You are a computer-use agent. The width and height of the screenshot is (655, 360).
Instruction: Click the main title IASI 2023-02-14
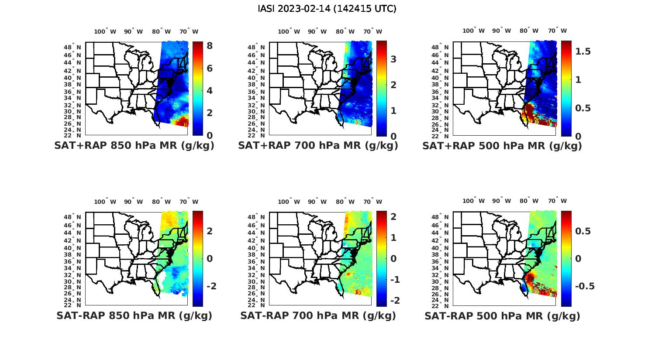(327, 9)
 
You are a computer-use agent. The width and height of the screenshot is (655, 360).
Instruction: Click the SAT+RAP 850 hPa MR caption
(134, 146)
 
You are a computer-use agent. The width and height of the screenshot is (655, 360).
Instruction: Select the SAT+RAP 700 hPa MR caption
(318, 146)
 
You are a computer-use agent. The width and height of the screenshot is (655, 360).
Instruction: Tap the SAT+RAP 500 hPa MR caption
(502, 146)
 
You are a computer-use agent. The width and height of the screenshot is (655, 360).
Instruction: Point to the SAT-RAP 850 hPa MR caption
(134, 316)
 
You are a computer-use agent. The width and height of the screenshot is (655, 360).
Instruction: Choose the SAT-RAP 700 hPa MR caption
(318, 316)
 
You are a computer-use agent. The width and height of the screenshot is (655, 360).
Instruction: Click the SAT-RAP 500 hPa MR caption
(502, 316)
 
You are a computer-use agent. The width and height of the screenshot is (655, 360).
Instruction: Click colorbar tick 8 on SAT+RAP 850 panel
(210, 46)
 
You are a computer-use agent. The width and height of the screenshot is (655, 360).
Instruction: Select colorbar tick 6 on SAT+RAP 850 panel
(210, 69)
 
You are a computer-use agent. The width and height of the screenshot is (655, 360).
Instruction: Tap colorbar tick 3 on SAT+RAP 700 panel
(393, 59)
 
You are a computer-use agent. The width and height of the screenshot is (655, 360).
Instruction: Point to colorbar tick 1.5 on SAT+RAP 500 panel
(583, 51)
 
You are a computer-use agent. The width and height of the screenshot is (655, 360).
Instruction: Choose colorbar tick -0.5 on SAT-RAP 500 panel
(584, 286)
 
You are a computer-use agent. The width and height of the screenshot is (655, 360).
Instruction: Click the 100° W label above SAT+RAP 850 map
(105, 31)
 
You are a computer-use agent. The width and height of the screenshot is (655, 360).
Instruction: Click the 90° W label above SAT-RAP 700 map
(317, 202)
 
